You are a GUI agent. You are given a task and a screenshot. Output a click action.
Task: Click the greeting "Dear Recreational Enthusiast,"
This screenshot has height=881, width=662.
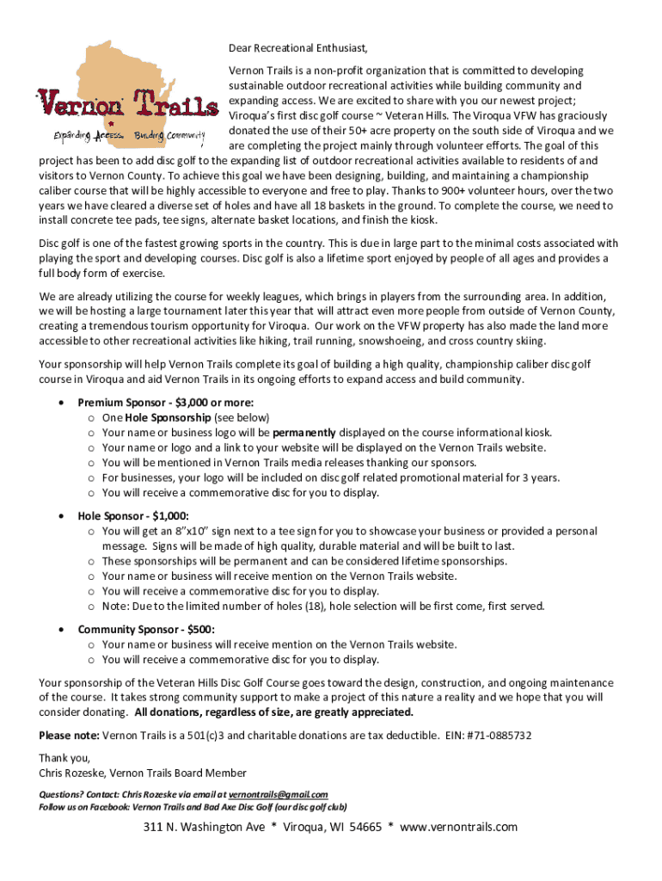click(303, 47)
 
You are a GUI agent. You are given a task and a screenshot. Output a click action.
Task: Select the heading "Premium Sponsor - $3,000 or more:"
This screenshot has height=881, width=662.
click(166, 403)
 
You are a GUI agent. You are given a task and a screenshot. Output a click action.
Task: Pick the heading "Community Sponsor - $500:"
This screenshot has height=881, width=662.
click(146, 630)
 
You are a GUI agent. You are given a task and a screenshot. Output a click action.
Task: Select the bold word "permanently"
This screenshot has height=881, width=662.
click(303, 433)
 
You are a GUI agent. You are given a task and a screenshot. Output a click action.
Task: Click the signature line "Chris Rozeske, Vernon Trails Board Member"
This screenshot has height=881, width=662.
click(143, 773)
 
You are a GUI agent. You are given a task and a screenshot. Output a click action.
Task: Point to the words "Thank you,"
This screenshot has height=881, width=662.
click(64, 758)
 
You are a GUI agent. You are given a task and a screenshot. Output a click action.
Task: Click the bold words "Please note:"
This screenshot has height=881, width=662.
click(69, 736)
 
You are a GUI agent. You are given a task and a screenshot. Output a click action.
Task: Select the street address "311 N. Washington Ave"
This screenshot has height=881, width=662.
click(204, 828)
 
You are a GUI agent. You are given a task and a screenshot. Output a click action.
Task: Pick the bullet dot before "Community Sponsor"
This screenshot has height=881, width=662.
click(59, 630)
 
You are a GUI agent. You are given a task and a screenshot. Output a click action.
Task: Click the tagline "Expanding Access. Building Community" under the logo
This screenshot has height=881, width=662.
click(130, 136)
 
